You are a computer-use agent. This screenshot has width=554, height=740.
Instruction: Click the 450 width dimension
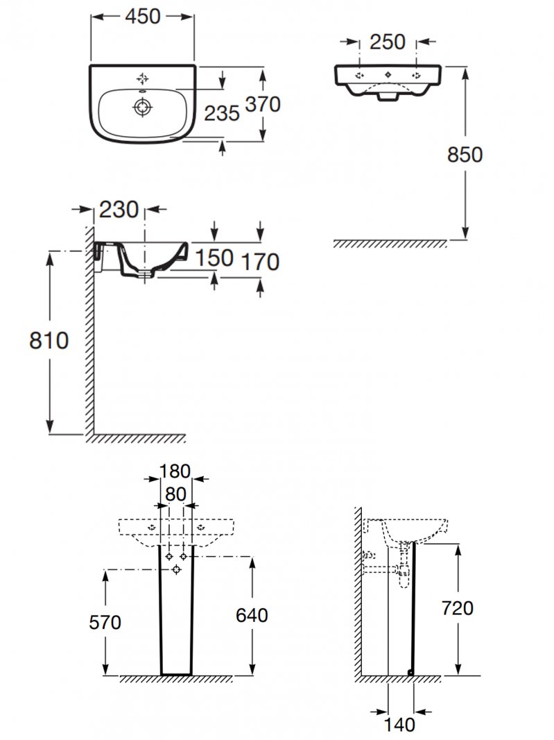point(143,17)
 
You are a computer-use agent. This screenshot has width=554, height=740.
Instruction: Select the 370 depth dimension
point(263,104)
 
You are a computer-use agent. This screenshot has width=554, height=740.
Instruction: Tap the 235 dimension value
point(222,113)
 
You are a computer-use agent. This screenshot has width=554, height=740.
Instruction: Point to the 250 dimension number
point(388,42)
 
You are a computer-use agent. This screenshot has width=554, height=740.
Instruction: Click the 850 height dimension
point(465,155)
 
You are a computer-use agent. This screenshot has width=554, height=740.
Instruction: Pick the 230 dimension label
point(119,210)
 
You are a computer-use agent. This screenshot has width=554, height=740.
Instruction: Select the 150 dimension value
point(214,258)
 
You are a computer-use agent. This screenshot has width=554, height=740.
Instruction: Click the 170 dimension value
point(260,262)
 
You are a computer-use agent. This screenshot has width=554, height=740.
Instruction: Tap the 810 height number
point(49,341)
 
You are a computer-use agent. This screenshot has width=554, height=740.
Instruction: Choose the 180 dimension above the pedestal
point(175,471)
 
